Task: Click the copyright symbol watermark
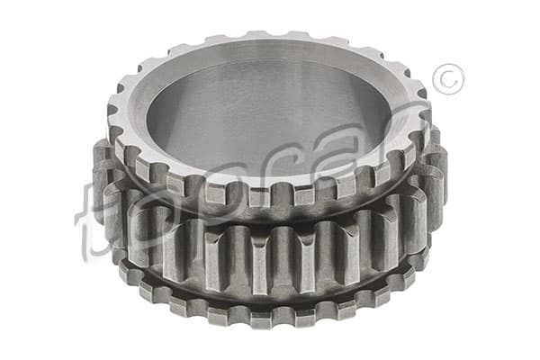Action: click(x=448, y=79)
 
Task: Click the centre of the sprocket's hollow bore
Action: click(x=265, y=113)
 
